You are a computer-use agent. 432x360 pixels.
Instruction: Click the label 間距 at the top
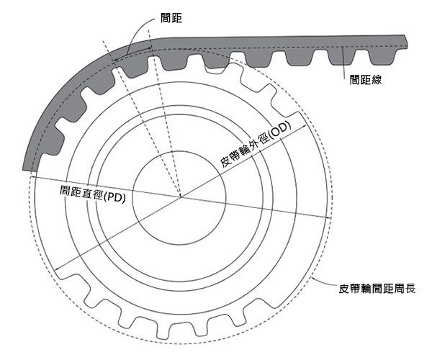pyautogui.click(x=171, y=18)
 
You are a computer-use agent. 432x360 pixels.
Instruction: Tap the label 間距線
pyautogui.click(x=366, y=80)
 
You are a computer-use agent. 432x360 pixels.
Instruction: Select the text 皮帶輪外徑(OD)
pyautogui.click(x=256, y=144)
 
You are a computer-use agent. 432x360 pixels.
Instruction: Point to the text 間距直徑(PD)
pyautogui.click(x=93, y=194)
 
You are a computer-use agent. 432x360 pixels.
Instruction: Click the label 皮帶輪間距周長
pyautogui.click(x=377, y=289)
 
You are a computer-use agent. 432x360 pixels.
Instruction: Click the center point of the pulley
pyautogui.click(x=181, y=197)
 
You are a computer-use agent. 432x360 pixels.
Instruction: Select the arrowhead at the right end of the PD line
pyautogui.click(x=328, y=218)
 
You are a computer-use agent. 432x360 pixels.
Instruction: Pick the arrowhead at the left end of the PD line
pyautogui.click(x=32, y=177)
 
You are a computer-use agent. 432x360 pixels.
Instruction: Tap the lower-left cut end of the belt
pyautogui.click(x=27, y=169)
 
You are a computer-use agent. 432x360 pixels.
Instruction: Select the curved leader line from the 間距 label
pyautogui.click(x=138, y=30)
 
